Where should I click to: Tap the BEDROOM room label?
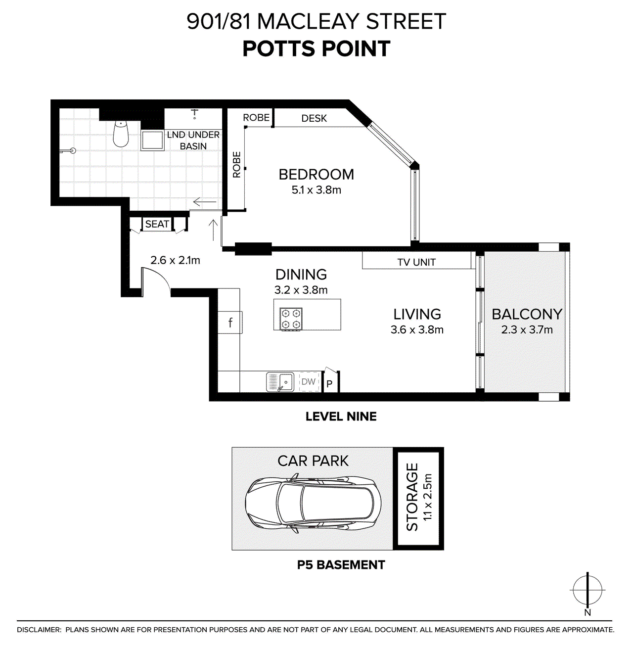point(316,175)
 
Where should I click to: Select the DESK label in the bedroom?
point(314,118)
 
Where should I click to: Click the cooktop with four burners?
point(291,319)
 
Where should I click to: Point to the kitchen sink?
point(280,382)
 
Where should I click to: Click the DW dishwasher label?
point(309,382)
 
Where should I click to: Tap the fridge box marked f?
point(230,323)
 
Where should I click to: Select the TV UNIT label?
point(416,262)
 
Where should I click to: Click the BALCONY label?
point(527,314)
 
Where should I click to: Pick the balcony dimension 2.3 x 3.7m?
point(527,330)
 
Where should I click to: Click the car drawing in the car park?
point(313,505)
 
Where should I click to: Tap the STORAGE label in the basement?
point(412,497)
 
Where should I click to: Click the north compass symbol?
point(588,590)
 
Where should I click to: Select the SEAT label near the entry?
point(157,224)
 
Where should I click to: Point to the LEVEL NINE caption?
point(341,417)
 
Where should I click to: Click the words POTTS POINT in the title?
point(316,49)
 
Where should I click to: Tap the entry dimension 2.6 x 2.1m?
point(175,260)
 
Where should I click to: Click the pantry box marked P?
point(329,384)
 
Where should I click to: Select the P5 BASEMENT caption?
point(341,565)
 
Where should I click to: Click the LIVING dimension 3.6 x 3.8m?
point(417,330)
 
